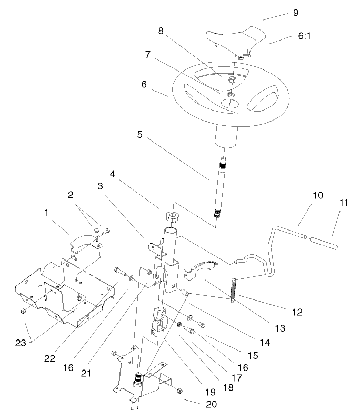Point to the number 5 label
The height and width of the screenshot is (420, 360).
pos(140,134)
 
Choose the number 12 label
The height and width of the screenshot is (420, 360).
pos(297,312)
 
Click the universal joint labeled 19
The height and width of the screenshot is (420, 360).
pos(158,322)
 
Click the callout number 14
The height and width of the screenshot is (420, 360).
pos(264,342)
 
